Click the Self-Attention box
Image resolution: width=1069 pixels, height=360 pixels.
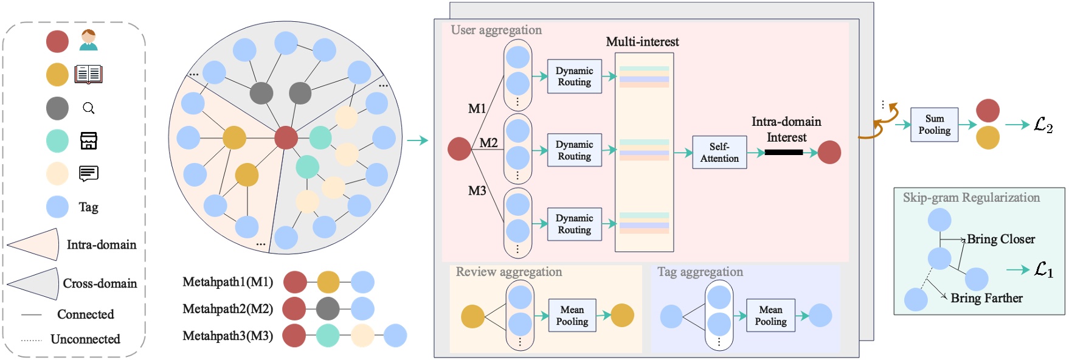pos(719,152)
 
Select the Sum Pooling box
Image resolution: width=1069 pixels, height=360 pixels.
pos(934,125)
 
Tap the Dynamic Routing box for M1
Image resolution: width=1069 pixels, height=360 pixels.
pos(574,77)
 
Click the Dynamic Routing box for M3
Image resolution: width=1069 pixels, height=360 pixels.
pos(574,224)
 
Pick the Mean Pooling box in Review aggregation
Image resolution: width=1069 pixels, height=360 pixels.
pos(572,315)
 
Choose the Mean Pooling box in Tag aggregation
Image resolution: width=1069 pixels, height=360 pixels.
pos(770,315)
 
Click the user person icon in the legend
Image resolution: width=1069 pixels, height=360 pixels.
pos(89,41)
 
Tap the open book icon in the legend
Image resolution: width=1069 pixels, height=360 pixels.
pos(89,74)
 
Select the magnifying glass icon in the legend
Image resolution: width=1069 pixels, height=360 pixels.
pos(89,108)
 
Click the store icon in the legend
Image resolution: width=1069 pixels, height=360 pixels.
pos(89,140)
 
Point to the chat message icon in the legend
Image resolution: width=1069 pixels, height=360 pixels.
pos(89,173)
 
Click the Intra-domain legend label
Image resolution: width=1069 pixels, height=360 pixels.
pos(101,244)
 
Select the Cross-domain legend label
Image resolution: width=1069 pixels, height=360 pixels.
pos(100,283)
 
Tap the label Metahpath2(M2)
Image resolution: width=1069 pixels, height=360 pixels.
pos(227,309)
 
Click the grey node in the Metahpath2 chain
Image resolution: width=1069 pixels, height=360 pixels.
pos(328,309)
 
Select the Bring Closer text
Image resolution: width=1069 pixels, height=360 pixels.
pos(1000,239)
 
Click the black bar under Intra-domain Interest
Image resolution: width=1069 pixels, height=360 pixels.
pos(783,152)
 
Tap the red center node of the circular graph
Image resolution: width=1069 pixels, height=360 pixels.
pos(286,138)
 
